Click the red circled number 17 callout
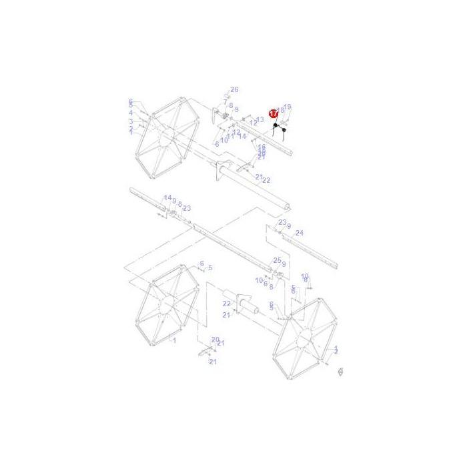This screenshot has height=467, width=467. [x=273, y=113]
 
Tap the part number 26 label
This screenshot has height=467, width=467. [x=234, y=89]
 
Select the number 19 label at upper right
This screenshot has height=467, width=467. [x=288, y=107]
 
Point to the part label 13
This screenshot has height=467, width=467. [x=260, y=119]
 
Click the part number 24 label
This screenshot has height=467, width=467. [x=300, y=233]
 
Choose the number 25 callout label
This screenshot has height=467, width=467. [x=277, y=260]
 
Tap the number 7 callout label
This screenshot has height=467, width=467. [x=225, y=103]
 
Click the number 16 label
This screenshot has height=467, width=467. [x=262, y=147]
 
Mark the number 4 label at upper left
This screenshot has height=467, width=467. [x=131, y=113]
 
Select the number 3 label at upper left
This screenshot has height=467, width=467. [x=131, y=121]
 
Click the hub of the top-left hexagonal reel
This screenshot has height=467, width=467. [x=163, y=137]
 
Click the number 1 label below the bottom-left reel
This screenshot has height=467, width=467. [x=174, y=340]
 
